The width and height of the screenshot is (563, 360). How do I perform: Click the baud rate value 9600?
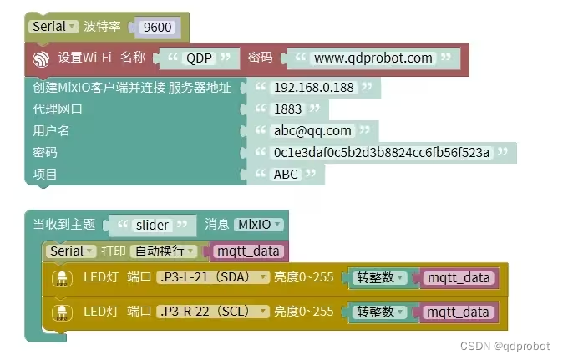157,27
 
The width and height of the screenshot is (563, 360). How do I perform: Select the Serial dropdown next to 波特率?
54,26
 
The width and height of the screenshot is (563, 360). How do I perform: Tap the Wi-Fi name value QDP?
199,58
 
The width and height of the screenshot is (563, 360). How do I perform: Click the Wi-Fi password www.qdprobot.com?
373,58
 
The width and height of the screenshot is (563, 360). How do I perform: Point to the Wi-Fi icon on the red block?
41,58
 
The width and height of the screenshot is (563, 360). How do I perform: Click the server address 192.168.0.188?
314,87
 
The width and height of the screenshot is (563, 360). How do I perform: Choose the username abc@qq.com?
312,130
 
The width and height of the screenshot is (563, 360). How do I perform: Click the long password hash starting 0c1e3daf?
381,152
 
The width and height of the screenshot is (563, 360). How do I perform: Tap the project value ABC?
286,174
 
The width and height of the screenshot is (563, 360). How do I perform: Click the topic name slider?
153,225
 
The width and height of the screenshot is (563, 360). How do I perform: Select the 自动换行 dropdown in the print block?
165,251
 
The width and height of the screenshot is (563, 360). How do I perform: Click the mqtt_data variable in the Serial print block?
248,251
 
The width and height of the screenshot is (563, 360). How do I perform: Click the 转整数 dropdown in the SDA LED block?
380,277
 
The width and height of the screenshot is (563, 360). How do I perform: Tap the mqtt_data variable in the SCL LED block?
458,312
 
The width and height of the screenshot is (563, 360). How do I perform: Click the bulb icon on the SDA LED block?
61,278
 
